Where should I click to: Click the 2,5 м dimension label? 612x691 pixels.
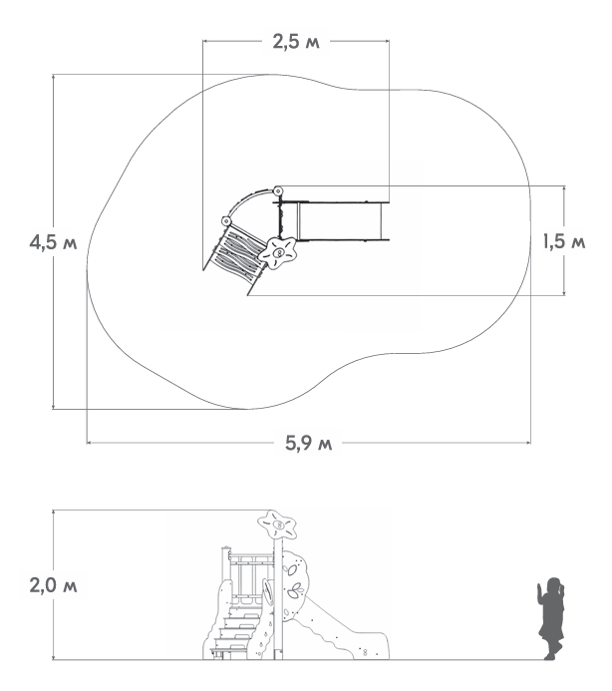pyautogui.click(x=296, y=42)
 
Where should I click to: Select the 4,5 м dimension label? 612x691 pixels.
pyautogui.click(x=53, y=242)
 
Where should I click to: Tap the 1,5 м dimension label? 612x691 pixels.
pyautogui.click(x=564, y=242)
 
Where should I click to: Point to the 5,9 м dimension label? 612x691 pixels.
pyautogui.click(x=308, y=443)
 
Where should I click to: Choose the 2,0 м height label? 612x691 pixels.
pyautogui.click(x=53, y=585)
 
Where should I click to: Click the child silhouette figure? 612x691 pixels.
pyautogui.click(x=551, y=618)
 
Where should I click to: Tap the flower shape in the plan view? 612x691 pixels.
pyautogui.click(x=277, y=253)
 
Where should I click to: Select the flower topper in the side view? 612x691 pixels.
pyautogui.click(x=277, y=525)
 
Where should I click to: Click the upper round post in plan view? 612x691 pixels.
pyautogui.click(x=278, y=191)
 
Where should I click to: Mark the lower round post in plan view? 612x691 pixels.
pyautogui.click(x=225, y=220)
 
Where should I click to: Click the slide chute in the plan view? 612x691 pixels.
pyautogui.click(x=340, y=221)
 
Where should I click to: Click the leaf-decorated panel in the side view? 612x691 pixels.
pyautogui.click(x=294, y=584)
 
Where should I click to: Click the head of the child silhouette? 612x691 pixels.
pyautogui.click(x=553, y=585)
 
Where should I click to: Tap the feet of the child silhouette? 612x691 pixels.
pyautogui.click(x=553, y=653)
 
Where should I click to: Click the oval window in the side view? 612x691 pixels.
pyautogui.click(x=267, y=592)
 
